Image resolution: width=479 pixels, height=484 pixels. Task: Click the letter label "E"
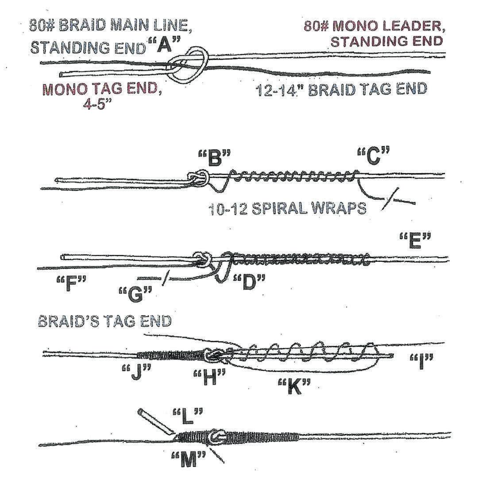tap(415, 242)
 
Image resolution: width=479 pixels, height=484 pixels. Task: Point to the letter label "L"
tap(187, 416)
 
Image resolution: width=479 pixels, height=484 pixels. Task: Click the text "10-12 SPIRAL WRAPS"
tap(287, 207)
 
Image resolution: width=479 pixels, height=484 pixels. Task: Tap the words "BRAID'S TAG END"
tap(104, 321)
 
